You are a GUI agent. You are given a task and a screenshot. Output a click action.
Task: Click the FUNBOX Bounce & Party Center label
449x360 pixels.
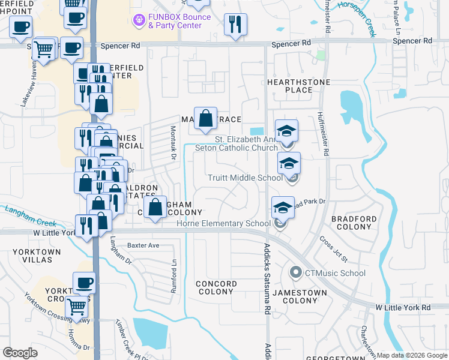(179, 21)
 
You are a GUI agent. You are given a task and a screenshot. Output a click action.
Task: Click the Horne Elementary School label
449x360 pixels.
(223, 224)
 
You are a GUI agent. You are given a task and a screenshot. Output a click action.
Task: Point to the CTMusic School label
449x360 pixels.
(335, 274)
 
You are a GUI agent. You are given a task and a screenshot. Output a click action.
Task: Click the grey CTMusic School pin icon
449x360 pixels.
(295, 273)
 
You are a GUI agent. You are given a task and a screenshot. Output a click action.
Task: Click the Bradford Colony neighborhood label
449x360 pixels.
(352, 223)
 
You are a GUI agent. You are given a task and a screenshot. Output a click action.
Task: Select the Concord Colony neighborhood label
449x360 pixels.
(215, 287)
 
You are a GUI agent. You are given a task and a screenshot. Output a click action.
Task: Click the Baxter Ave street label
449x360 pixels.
(143, 245)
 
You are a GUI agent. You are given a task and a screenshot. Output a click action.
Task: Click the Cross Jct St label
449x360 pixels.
(334, 248)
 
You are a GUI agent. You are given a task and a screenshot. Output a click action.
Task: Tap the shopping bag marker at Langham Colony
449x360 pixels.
(155, 208)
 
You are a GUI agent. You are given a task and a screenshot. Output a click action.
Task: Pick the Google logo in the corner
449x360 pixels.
(20, 352)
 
